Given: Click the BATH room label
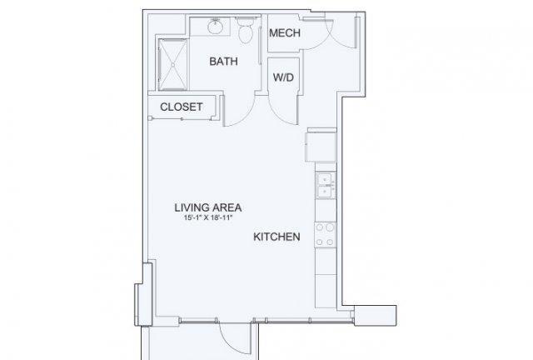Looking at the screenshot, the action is point(223,61).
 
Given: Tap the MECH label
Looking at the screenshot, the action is point(285,33).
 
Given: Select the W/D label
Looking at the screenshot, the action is point(283,77).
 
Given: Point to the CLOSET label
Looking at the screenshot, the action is point(182,107).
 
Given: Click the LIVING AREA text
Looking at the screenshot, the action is point(208,207).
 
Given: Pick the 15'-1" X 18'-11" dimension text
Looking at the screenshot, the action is point(208,217).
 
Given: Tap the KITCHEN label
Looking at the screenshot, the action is point(276,237).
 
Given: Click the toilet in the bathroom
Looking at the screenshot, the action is point(246,30).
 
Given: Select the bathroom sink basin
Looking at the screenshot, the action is point(215,27).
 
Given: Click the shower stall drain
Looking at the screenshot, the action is point(172,65).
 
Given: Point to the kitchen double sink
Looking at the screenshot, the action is point(326,186).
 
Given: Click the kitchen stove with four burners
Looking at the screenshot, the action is point(325,234).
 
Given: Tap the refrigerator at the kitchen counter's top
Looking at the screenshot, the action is point(321,145).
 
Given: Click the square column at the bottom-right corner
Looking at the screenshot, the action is point(376,316).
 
